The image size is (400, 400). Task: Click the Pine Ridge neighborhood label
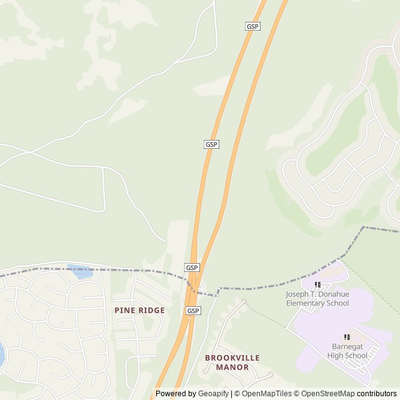139,310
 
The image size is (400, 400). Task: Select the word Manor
232,367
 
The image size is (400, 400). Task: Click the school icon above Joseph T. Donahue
317,285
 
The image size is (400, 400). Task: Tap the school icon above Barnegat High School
347,337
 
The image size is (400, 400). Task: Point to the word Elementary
308,303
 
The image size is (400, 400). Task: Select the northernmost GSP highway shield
252,26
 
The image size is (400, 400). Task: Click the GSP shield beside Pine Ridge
193,311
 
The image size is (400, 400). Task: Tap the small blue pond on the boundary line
80,272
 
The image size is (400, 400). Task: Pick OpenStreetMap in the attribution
328,394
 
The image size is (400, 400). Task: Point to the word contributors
377,394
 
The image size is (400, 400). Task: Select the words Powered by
176,394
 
